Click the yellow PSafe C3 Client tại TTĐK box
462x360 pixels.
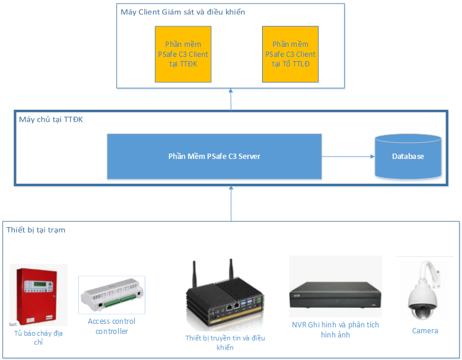pos(183,54)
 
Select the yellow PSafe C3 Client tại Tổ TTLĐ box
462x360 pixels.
pos(290,54)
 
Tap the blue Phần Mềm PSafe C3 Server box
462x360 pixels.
pos(214,157)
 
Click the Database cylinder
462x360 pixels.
pos(408,157)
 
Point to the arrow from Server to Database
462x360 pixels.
pos(348,157)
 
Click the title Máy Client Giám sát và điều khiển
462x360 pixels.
pos(183,12)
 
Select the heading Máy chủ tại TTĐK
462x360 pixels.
pos(51,120)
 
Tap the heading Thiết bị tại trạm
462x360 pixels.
pos(36,230)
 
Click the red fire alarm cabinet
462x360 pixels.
pos(37,296)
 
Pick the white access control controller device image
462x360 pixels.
pos(111,295)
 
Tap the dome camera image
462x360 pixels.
pos(423,291)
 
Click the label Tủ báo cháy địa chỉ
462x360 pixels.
pos(39,337)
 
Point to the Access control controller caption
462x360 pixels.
pos(111,326)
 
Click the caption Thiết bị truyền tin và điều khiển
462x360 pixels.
pos(225,342)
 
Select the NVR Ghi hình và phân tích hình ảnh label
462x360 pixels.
pos(335,330)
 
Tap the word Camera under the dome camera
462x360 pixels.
pos(425,331)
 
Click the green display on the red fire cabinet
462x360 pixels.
pos(39,284)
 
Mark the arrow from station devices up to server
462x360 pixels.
pos(231,203)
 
